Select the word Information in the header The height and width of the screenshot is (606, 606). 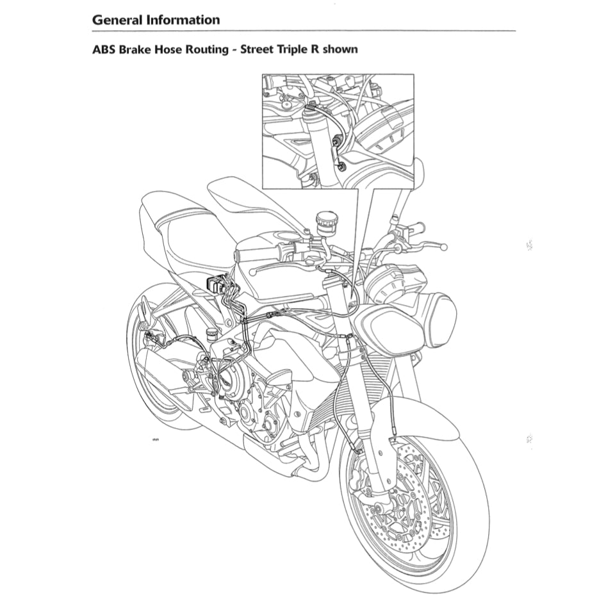183,19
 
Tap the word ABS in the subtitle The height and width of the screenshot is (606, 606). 105,49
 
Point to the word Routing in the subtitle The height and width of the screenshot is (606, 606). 209,49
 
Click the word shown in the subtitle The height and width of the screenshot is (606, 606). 340,49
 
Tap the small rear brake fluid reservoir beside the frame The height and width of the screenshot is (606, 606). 209,334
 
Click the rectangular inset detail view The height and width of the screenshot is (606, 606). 338,131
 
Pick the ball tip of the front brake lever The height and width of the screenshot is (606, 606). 445,247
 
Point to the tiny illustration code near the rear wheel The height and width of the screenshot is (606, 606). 155,440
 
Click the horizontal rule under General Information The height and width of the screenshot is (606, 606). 304,31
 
